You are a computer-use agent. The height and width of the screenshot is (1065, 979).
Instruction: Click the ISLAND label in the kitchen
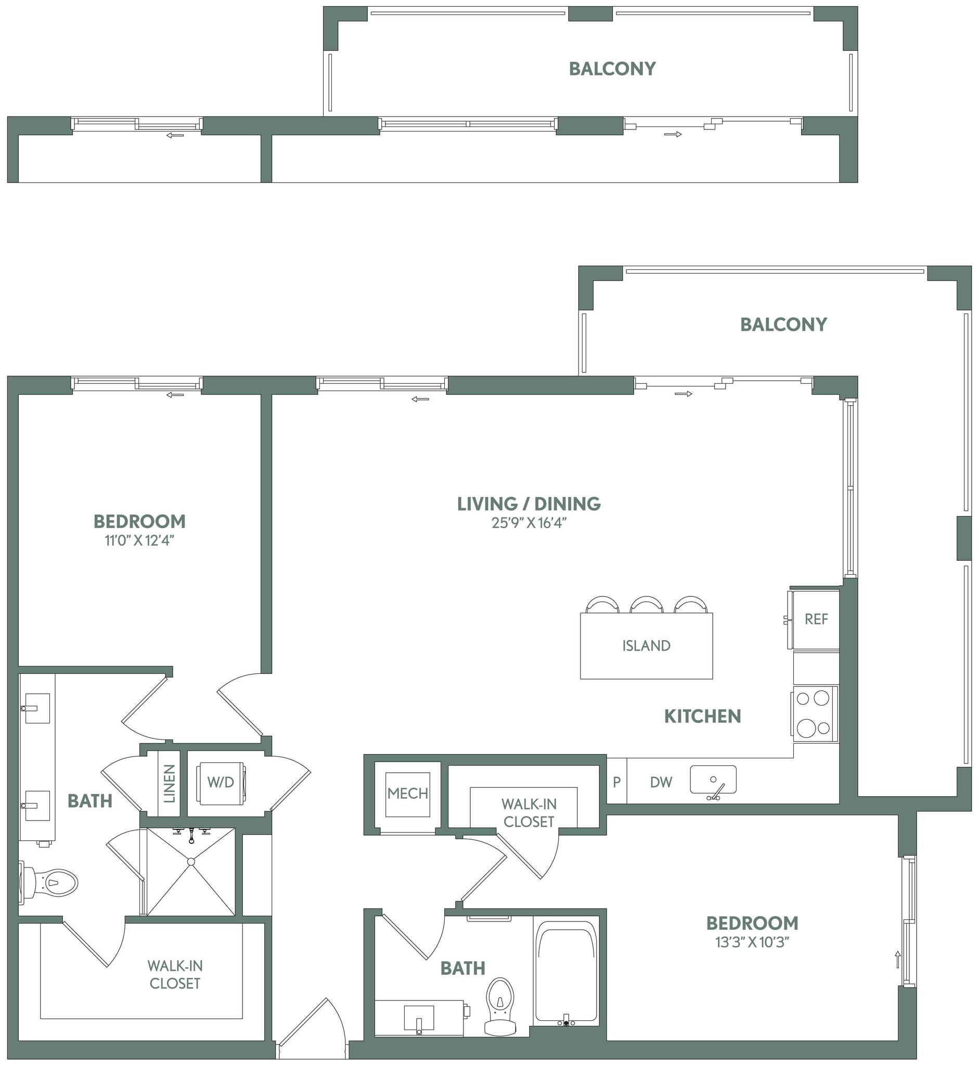coord(646,645)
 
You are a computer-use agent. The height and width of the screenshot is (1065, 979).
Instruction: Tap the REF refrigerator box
coord(816,619)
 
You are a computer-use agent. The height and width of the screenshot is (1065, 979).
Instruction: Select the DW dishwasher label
coord(661,782)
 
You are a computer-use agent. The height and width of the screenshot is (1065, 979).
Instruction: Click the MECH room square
coord(407,794)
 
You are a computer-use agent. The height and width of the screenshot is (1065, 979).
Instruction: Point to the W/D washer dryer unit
coord(221,783)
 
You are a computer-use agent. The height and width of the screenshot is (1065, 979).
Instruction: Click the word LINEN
coord(169,784)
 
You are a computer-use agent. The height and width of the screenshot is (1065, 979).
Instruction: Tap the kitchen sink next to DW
coord(713,780)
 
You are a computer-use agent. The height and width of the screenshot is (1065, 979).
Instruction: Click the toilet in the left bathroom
coord(50,883)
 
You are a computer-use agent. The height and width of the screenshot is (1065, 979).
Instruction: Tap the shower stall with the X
coord(191,872)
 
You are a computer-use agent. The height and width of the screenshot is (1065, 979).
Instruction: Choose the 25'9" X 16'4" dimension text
coord(529,523)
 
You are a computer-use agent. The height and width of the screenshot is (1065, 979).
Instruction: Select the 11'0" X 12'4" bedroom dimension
coord(139,541)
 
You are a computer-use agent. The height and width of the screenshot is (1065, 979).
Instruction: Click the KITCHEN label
coord(702,717)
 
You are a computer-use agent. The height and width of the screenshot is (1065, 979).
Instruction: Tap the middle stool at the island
coord(646,605)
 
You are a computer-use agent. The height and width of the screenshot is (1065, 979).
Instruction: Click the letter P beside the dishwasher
coord(616,782)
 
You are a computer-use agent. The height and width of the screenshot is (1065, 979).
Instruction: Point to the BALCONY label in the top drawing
coord(612,69)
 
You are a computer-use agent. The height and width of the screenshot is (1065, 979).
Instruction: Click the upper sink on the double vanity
coord(37,708)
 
